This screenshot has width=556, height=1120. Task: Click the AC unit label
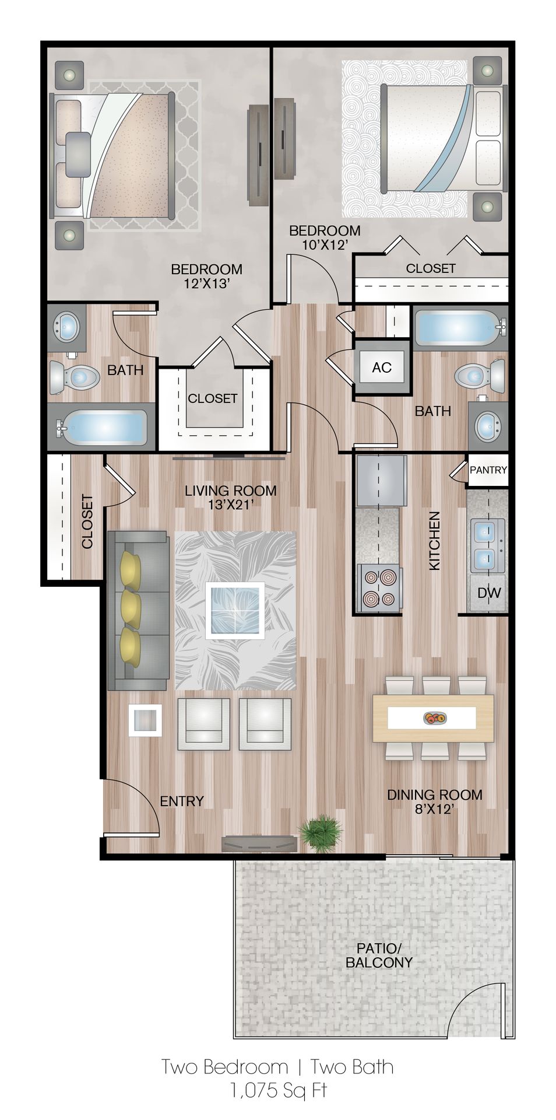pyautogui.click(x=382, y=367)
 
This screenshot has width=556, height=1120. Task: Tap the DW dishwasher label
pyautogui.click(x=489, y=593)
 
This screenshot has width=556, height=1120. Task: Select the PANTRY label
pyautogui.click(x=488, y=470)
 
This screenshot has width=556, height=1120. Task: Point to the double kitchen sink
pyautogui.click(x=487, y=546)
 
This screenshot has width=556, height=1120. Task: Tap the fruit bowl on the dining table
pyautogui.click(x=434, y=718)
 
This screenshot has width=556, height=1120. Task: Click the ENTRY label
pyautogui.click(x=182, y=801)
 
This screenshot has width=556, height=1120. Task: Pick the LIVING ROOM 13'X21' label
pyautogui.click(x=230, y=497)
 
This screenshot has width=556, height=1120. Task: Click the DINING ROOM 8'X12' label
pyautogui.click(x=434, y=801)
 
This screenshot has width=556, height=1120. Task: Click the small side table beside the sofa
pyautogui.click(x=145, y=720)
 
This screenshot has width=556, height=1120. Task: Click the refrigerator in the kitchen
pyautogui.click(x=382, y=481)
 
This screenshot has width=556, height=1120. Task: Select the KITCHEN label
pyautogui.click(x=434, y=541)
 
